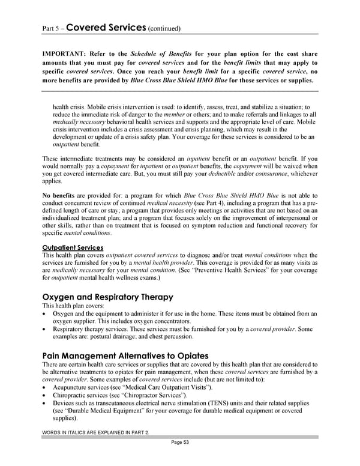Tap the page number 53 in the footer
[x=179, y=459]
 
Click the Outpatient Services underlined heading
[x=73, y=247]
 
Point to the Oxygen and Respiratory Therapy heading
[x=107, y=297]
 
